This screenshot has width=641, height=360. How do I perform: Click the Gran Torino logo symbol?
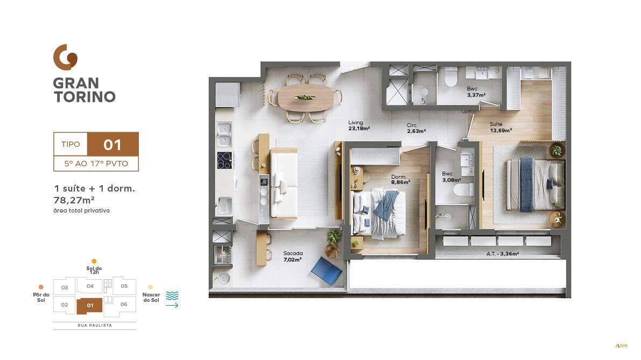pyautogui.click(x=65, y=57)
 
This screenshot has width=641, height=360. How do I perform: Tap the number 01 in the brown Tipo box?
pyautogui.click(x=112, y=145)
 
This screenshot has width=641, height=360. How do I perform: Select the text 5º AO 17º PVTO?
pyautogui.click(x=96, y=164)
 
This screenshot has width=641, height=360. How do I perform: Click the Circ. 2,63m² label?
pyautogui.click(x=416, y=128)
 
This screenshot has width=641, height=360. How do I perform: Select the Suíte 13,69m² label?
pyautogui.click(x=500, y=127)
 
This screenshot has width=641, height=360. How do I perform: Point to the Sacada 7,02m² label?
pyautogui.click(x=293, y=256)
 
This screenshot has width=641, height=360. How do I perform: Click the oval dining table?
pyautogui.click(x=305, y=98)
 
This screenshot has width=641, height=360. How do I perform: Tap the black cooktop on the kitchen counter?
pyautogui.click(x=224, y=160)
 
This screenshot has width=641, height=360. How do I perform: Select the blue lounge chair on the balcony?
pyautogui.click(x=326, y=270)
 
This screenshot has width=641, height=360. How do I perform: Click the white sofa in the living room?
pyautogui.click(x=284, y=183)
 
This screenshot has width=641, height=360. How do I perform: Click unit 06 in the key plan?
pyautogui.click(x=123, y=305)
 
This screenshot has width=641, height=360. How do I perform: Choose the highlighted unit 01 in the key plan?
pyautogui.click(x=90, y=306)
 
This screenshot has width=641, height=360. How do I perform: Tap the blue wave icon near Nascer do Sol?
pyautogui.click(x=172, y=296)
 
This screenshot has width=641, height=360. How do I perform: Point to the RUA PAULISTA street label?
pyautogui.click(x=94, y=326)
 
